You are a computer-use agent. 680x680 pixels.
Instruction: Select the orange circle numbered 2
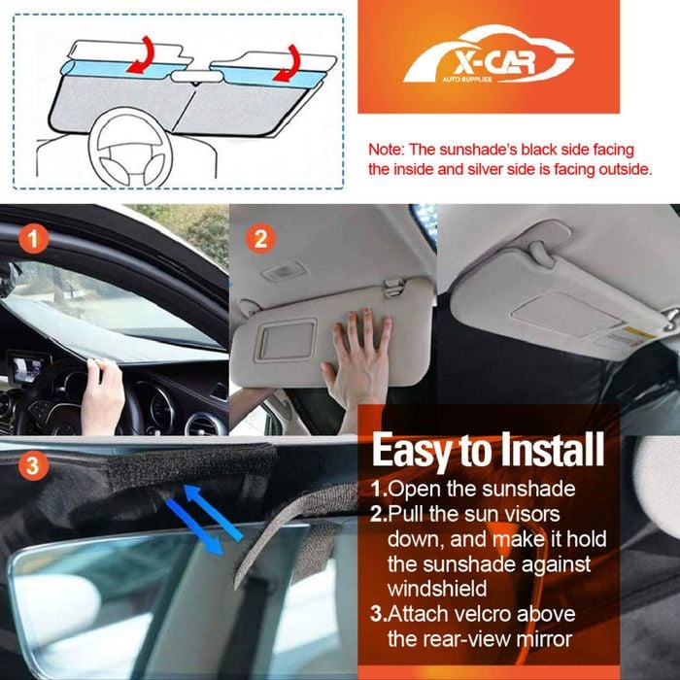[260, 238]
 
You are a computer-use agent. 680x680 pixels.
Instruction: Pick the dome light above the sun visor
[284, 271]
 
